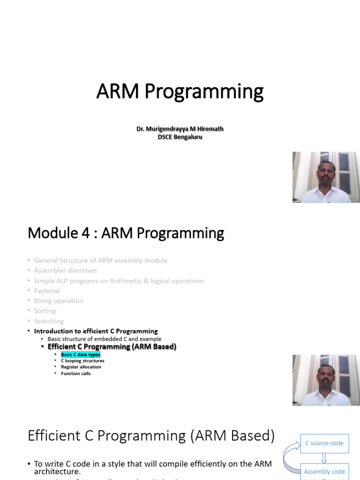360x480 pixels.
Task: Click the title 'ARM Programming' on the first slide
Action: (x=180, y=92)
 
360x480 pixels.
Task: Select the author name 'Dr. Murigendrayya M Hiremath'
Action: (x=180, y=128)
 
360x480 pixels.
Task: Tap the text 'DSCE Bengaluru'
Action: (x=180, y=137)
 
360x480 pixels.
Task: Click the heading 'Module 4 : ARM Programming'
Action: (x=126, y=233)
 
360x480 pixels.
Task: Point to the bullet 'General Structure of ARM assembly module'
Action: (x=100, y=260)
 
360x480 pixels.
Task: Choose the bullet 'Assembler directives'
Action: (x=65, y=270)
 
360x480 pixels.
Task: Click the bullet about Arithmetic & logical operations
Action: (x=119, y=281)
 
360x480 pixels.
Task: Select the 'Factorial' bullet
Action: (x=47, y=291)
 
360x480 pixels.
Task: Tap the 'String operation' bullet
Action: (x=59, y=301)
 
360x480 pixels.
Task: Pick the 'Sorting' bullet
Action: (x=45, y=311)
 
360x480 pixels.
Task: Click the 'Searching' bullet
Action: (x=49, y=321)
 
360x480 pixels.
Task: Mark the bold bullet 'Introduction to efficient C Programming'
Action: (x=96, y=331)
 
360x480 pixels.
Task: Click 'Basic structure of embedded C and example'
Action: (x=104, y=339)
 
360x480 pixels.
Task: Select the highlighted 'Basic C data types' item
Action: (x=80, y=355)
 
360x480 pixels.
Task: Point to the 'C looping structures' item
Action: (x=82, y=361)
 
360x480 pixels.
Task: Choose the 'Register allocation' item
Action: (x=81, y=367)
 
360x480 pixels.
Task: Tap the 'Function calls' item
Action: (x=75, y=374)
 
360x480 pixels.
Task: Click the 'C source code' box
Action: (x=324, y=443)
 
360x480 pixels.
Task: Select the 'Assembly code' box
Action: (x=324, y=471)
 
